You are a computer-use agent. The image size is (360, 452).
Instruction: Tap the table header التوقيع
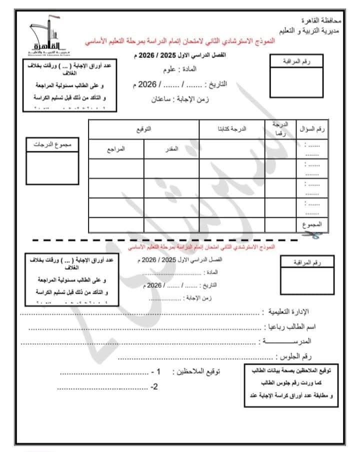[x=144, y=129]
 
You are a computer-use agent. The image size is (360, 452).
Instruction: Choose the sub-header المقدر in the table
[x=171, y=149]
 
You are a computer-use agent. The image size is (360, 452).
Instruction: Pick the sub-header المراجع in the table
[x=116, y=149]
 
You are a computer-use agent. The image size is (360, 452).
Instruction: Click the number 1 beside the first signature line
[x=158, y=372]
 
